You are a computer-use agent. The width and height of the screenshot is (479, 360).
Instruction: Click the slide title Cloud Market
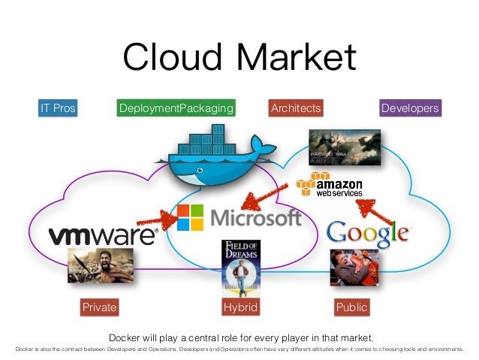[239, 58]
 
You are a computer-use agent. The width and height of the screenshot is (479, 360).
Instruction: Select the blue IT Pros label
[58, 108]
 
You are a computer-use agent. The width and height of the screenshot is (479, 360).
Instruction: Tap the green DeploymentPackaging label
[176, 108]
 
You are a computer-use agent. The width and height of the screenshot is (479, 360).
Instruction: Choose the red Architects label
[295, 108]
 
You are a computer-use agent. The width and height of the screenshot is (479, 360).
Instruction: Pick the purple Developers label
[409, 108]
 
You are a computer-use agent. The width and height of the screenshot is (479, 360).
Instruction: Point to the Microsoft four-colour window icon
[190, 216]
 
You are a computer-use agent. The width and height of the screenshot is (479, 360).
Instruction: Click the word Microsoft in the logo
[255, 217]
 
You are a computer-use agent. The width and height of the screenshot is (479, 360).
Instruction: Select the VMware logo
[103, 234]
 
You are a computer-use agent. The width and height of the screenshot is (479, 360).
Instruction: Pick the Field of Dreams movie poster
[240, 265]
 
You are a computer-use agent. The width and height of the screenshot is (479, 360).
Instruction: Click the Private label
[99, 307]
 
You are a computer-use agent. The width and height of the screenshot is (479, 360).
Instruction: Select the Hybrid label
[240, 307]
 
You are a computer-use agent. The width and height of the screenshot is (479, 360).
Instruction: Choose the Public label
[351, 307]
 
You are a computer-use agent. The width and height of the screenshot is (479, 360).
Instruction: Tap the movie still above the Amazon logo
[344, 147]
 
